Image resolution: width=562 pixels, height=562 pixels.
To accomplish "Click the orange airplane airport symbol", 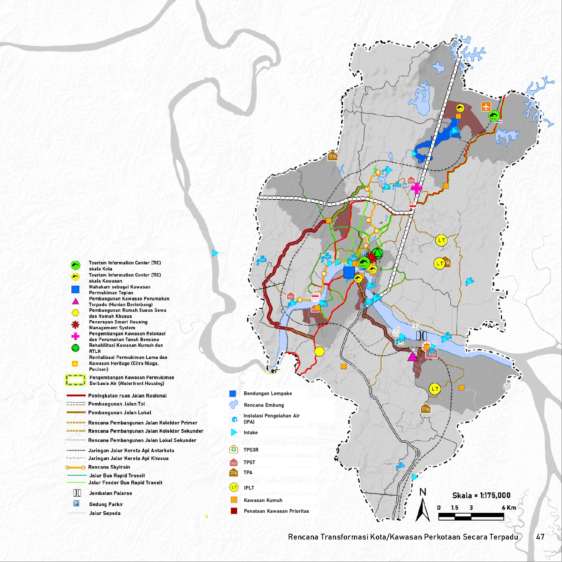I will click(486, 106).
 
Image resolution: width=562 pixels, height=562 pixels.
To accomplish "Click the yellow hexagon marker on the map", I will click(319, 351).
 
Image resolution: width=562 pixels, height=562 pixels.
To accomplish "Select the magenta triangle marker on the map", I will click(412, 356).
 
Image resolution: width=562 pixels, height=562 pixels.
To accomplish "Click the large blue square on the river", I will click(349, 272).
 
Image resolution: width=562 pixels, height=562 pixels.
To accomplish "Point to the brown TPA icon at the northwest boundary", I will click(333, 156).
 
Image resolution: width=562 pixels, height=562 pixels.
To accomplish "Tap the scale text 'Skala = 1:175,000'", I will click(481, 495).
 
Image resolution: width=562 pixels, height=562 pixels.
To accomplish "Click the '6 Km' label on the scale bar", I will click(509, 507).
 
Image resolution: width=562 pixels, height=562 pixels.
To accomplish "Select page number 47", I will click(540, 537).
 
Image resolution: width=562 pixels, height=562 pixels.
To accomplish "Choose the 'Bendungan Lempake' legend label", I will click(268, 394).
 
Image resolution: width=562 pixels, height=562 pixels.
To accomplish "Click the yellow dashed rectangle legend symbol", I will click(75, 380).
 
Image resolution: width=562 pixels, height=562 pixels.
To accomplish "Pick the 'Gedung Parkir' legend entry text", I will click(106, 504).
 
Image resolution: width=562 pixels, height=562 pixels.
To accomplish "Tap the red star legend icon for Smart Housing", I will click(75, 325).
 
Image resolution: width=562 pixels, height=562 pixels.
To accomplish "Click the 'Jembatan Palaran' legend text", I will click(110, 493).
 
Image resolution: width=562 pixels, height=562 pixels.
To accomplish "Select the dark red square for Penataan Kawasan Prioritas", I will click(234, 511).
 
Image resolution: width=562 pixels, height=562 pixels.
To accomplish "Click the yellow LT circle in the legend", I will click(234, 487).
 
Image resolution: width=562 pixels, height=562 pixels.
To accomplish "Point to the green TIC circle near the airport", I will click(494, 116).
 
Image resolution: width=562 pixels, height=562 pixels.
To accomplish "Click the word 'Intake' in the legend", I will click(250, 432).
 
